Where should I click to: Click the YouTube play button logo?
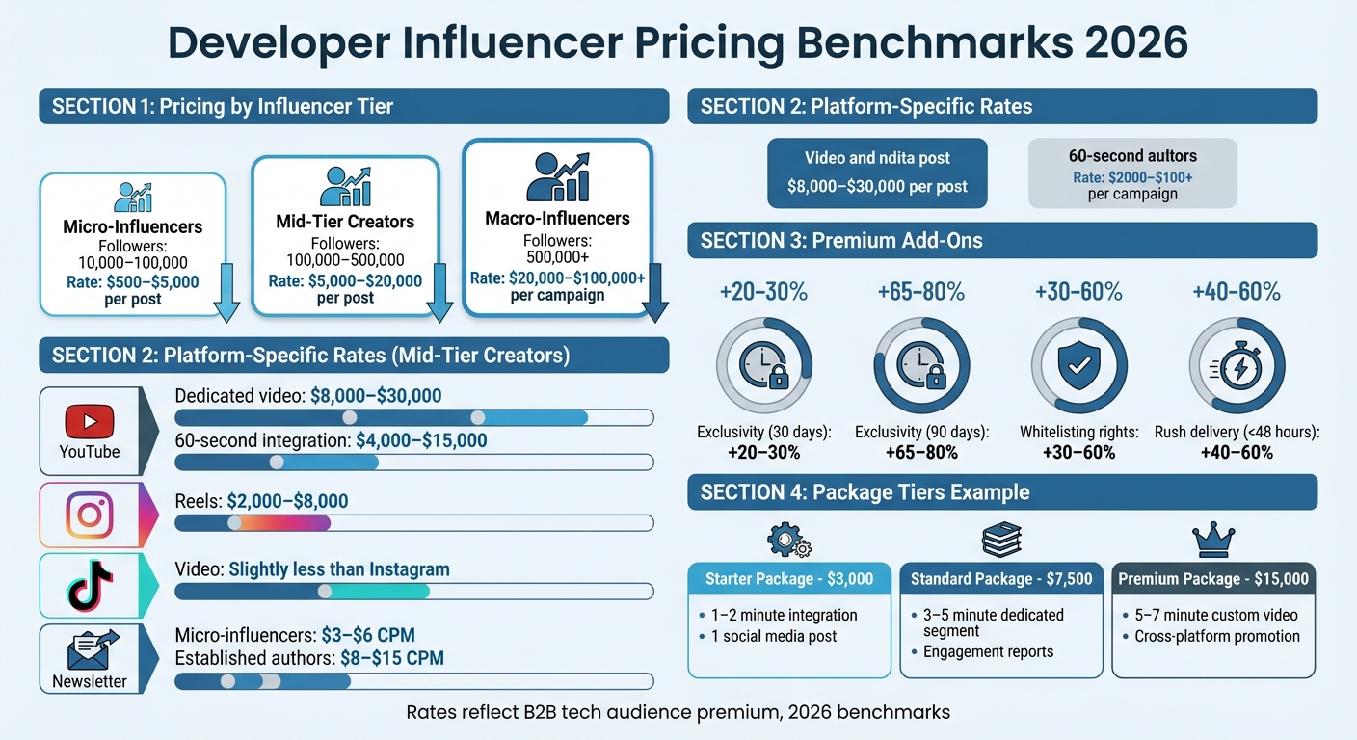pyautogui.click(x=90, y=422)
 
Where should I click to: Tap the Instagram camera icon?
pyautogui.click(x=90, y=515)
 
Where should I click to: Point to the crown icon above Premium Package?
pyautogui.click(x=1212, y=541)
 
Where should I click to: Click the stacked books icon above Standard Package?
pyautogui.click(x=1001, y=541)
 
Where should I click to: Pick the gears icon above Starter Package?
pyautogui.click(x=788, y=541)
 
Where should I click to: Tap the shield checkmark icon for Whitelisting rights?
pyautogui.click(x=1078, y=367)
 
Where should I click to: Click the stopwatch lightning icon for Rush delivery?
pyautogui.click(x=1236, y=367)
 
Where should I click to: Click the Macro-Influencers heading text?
pyautogui.click(x=557, y=218)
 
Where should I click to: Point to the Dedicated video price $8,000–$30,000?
pyautogui.click(x=376, y=395)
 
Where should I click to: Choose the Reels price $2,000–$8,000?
pyautogui.click(x=287, y=501)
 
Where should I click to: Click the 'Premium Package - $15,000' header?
pyautogui.click(x=1213, y=579)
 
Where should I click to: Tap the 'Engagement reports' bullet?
pyautogui.click(x=988, y=651)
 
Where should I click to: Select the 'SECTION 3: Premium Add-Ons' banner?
pyautogui.click(x=1002, y=241)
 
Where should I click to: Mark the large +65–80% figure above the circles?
pyautogui.click(x=921, y=292)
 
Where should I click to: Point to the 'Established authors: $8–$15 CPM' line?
pyautogui.click(x=309, y=658)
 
